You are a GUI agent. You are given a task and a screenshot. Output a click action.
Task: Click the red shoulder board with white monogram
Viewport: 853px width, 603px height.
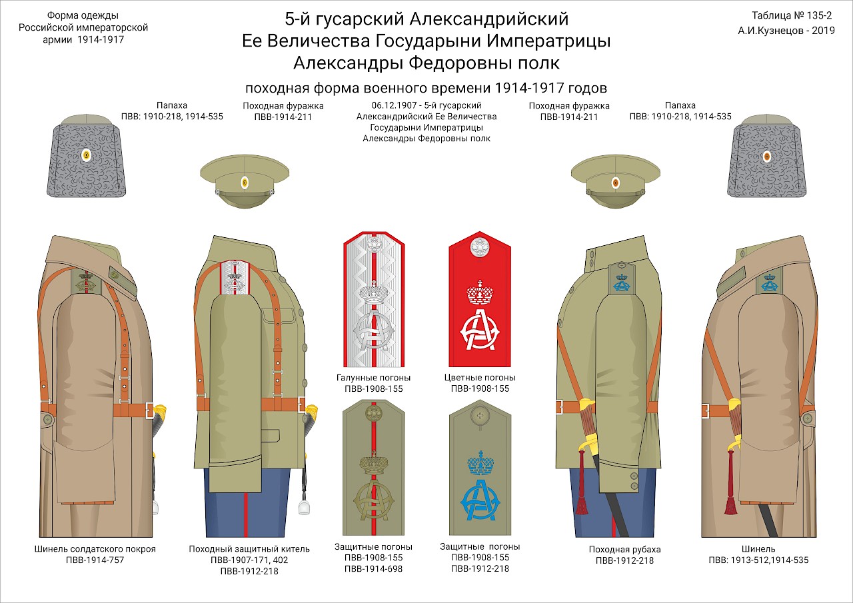[479, 299]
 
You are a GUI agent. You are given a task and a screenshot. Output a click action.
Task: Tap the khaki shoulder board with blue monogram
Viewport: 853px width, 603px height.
[480, 468]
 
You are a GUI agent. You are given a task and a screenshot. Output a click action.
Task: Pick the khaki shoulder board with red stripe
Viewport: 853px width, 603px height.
[374, 468]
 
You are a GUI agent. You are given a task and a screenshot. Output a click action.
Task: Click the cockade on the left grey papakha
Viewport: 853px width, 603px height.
[87, 155]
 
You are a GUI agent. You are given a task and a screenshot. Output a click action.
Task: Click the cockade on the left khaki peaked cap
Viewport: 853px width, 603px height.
[245, 183]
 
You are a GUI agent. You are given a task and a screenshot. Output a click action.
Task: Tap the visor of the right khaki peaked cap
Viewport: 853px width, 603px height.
[615, 199]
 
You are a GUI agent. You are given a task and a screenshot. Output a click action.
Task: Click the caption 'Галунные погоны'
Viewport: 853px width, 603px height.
[374, 378]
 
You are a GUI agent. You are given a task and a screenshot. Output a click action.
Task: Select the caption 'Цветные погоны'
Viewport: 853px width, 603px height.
[480, 378]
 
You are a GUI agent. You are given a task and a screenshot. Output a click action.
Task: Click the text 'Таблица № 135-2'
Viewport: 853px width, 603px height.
[792, 15]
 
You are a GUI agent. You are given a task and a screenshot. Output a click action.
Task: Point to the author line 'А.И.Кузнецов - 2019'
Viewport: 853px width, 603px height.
[786, 31]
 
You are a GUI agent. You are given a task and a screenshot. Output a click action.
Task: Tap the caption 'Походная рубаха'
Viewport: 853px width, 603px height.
[625, 549]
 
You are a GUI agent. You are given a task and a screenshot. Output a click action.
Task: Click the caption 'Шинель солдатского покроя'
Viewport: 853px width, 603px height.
[95, 549]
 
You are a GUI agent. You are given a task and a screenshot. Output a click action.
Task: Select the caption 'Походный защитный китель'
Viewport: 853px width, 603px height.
[249, 549]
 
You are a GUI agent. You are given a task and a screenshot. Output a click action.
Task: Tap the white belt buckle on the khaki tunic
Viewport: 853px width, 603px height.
[301, 404]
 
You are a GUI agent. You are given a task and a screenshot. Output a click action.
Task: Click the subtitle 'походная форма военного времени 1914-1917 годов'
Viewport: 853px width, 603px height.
[426, 88]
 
